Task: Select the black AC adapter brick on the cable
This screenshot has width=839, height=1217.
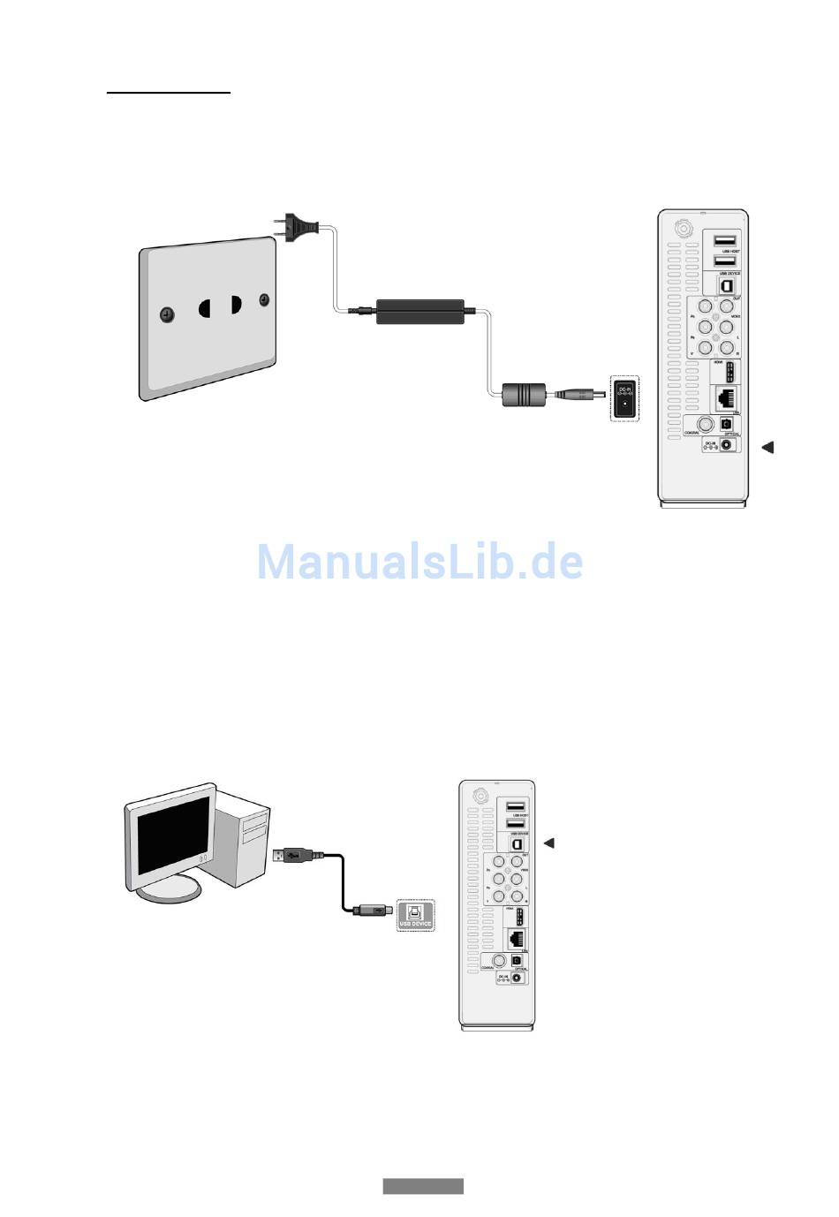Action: point(420,311)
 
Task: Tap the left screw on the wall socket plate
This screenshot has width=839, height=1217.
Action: point(165,316)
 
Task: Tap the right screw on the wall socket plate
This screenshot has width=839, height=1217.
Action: point(264,300)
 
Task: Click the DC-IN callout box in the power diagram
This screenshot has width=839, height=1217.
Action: point(625,398)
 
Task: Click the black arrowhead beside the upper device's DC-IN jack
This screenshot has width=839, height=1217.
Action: point(767,447)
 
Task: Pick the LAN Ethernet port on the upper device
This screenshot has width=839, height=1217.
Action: point(726,399)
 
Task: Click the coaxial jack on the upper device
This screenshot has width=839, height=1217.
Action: point(704,423)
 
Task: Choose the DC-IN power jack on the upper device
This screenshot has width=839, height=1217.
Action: point(727,444)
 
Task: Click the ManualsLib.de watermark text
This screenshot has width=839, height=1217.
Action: point(420,562)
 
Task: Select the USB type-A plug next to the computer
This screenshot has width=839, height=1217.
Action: point(291,855)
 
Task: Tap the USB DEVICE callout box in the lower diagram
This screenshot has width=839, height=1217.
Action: point(415,915)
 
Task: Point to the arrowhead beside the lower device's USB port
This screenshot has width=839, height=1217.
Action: point(548,843)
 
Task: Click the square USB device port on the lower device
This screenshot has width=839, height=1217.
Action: point(518,844)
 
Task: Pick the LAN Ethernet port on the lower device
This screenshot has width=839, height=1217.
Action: point(517,939)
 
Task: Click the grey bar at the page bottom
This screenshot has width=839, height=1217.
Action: point(423,1186)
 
